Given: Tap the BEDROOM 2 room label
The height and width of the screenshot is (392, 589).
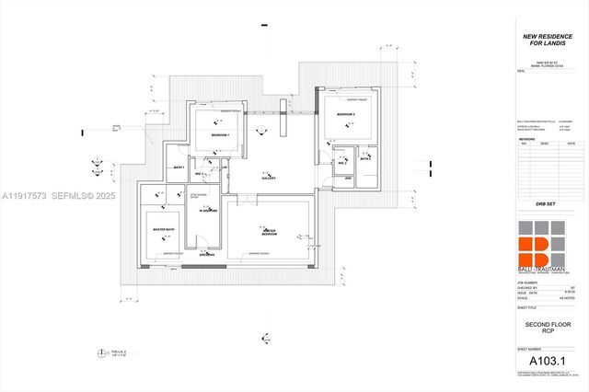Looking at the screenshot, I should pyautogui.click(x=345, y=114).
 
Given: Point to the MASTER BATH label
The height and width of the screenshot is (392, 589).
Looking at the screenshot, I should pyautogui.click(x=164, y=227).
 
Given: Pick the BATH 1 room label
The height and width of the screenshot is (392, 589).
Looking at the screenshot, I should pyautogui.click(x=179, y=167).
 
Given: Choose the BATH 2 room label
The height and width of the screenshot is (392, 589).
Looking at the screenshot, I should pyautogui.click(x=365, y=159).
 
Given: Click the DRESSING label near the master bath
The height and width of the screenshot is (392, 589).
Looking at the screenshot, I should pyautogui.click(x=206, y=255).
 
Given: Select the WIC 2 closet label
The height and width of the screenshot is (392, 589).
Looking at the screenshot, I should pyautogui.click(x=341, y=164).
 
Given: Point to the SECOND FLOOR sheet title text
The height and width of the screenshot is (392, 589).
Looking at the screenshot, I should pyautogui.click(x=544, y=326).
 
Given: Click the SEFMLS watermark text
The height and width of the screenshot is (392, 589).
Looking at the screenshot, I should pyautogui.click(x=74, y=196).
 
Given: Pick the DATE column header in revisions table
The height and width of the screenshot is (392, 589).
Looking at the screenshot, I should pyautogui.click(x=571, y=144).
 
